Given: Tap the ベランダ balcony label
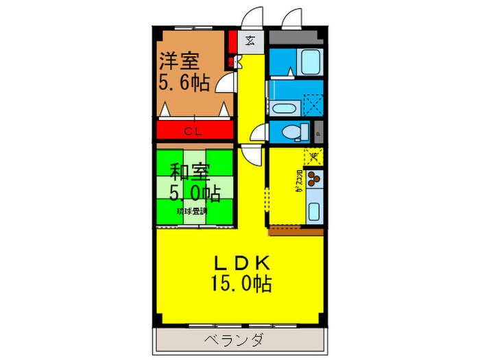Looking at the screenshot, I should [233, 341].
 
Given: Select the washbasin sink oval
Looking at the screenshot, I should [283, 107].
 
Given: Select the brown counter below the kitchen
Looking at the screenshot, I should [296, 231].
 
